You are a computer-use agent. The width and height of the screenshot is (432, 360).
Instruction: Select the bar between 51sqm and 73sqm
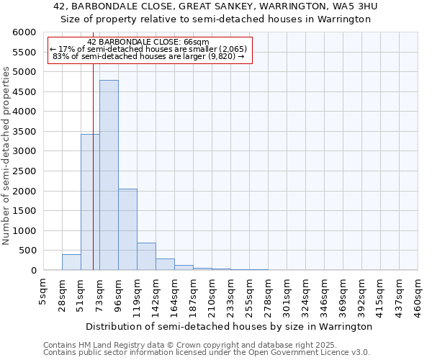[x=90, y=202]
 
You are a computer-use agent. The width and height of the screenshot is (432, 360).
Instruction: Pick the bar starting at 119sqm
[x=146, y=256]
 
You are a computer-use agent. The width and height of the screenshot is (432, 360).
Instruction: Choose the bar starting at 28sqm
[x=71, y=262]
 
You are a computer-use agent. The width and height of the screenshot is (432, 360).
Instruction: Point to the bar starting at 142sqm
[x=165, y=264]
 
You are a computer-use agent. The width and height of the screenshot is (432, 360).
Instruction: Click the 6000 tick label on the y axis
[x=24, y=32]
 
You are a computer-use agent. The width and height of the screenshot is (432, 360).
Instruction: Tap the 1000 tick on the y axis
[x=24, y=231]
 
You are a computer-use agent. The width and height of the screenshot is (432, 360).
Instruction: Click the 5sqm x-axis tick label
[x=44, y=292]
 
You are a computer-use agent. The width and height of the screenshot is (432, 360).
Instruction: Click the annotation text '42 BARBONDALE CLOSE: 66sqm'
[x=148, y=42]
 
